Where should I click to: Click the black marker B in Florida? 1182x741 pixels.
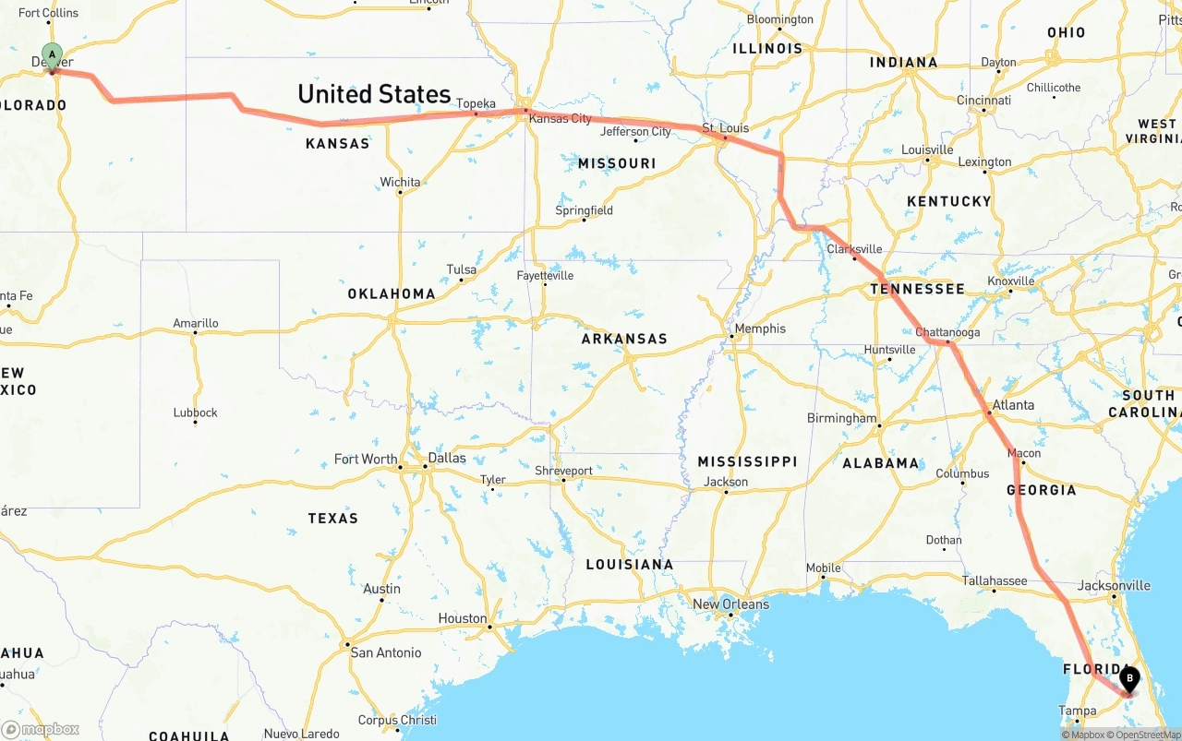coord(1128,680)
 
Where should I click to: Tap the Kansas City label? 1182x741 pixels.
coord(560,119)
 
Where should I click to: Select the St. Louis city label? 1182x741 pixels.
coord(726,127)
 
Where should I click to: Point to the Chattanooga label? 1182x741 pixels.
coord(947,332)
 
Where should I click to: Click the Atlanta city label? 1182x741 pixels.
coord(1013,405)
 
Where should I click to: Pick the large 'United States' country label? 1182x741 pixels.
coord(374,94)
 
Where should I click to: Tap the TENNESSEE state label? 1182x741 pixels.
coord(917,289)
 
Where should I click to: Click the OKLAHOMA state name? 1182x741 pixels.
coord(392,293)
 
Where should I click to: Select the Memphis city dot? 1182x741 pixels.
coord(731,336)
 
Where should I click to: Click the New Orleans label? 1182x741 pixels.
coord(730,604)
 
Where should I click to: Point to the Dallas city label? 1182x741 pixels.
coord(447,458)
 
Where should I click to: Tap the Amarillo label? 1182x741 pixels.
coord(196,323)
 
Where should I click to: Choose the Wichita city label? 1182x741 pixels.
coord(400,182)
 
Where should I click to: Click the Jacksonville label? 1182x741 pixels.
coord(1114,585)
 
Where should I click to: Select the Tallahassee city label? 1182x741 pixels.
coord(995,580)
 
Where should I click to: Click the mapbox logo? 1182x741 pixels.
coord(41,729)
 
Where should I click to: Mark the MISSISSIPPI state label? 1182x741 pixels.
coord(746,461)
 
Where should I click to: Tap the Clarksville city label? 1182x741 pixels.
coord(854,249)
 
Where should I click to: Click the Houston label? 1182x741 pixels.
coord(462,618)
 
